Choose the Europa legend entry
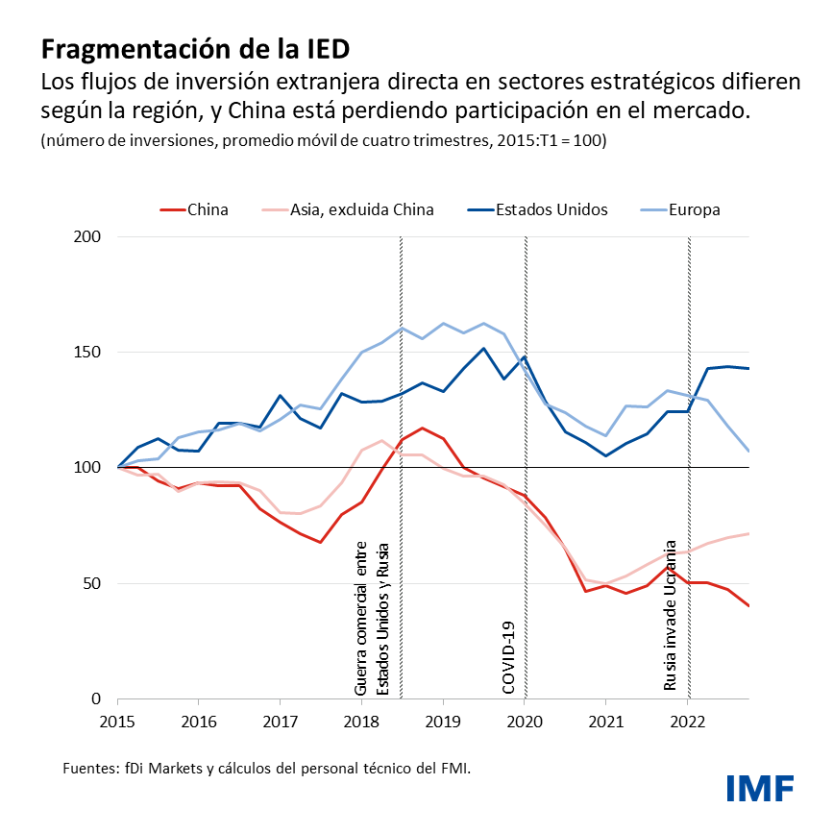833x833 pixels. pyautogui.click(x=696, y=209)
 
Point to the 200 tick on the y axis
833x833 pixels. pyautogui.click(x=87, y=236)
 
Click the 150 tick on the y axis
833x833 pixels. pyautogui.click(x=87, y=353)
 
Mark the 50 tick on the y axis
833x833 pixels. pyautogui.click(x=91, y=583)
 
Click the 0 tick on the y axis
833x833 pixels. pyautogui.click(x=96, y=698)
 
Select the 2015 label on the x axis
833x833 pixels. pyautogui.click(x=117, y=719)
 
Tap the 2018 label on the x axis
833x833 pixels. pyautogui.click(x=361, y=719)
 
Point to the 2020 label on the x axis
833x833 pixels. pyautogui.click(x=525, y=719)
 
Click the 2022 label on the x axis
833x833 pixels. pyautogui.click(x=687, y=719)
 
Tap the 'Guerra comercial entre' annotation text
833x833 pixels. pyautogui.click(x=361, y=619)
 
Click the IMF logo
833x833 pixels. pyautogui.click(x=759, y=788)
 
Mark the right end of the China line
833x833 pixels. pyautogui.click(x=748, y=605)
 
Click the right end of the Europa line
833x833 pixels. pyautogui.click(x=748, y=451)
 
